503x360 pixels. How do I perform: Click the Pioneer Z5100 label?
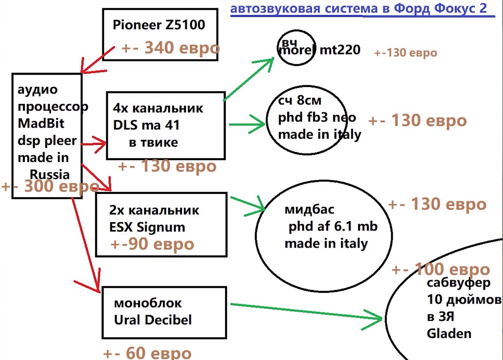coord(159,25)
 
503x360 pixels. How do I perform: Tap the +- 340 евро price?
coord(170,48)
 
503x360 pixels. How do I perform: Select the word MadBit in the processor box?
coord(41,123)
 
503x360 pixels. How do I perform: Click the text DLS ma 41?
coord(146,125)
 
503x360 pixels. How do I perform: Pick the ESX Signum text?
coord(147,227)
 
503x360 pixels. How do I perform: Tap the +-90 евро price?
coord(152,244)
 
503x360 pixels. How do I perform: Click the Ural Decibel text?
coord(153,320)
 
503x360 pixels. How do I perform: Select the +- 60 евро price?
coord(147,353)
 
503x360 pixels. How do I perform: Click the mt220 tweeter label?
coord(340,50)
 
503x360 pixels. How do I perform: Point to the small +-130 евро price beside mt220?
coord(406,53)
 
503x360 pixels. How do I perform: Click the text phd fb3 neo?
coord(317,117)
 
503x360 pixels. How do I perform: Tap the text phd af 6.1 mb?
coord(333,227)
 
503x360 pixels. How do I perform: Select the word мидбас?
coord(309,210)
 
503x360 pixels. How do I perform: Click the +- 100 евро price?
coord(441,269)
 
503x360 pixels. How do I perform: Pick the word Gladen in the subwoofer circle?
coord(449,334)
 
